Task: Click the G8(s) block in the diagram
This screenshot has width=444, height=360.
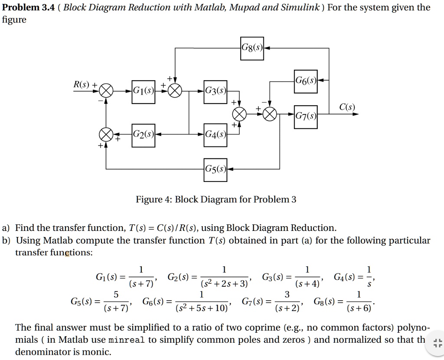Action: [x=252, y=49]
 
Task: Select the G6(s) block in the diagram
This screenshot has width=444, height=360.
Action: [x=306, y=81]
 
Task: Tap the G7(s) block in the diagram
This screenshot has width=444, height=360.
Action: [x=306, y=117]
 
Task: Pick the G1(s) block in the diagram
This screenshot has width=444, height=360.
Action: [x=143, y=92]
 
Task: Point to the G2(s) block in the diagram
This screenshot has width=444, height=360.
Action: [x=143, y=136]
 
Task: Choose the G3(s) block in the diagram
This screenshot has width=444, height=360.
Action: [x=215, y=92]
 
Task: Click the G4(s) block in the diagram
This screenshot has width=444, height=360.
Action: [x=215, y=135]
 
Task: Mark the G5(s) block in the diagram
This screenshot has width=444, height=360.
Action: [x=215, y=170]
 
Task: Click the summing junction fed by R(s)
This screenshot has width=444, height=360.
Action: [x=106, y=91]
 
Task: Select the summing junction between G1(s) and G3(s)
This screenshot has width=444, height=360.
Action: [x=175, y=91]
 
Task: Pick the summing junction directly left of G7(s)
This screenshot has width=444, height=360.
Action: [x=270, y=114]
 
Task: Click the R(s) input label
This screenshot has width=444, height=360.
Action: [x=81, y=84]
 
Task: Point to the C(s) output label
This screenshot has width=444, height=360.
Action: [x=347, y=107]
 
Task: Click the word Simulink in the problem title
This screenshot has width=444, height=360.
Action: [x=300, y=7]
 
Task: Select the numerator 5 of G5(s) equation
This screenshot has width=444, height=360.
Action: [x=116, y=294]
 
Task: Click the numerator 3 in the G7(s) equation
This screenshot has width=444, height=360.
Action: [x=287, y=294]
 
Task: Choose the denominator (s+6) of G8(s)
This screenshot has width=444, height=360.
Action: [x=359, y=308]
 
